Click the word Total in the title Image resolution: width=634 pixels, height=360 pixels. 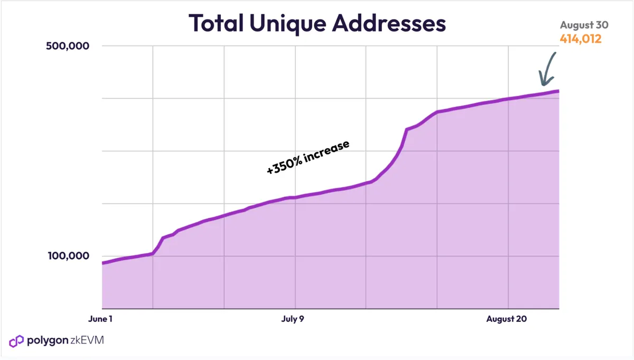tap(216, 23)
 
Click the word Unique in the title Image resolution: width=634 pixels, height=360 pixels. tap(287, 24)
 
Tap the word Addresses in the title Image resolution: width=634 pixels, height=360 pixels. tap(389, 23)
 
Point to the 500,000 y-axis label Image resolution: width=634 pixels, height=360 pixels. tap(68, 46)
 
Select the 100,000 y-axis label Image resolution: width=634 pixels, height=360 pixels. tap(69, 256)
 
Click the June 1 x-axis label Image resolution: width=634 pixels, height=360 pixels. tap(100, 319)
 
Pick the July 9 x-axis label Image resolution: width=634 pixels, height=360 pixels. tap(293, 319)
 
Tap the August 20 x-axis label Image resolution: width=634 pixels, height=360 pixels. tap(506, 319)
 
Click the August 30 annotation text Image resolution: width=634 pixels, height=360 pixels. tap(584, 25)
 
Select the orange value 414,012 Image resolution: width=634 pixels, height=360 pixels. tap(581, 39)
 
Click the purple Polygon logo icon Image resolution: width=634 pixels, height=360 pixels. tap(16, 341)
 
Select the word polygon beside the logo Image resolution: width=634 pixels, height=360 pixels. tap(48, 340)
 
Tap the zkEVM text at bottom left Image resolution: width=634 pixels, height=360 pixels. tap(87, 340)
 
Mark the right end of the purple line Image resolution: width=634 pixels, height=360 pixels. tap(558, 91)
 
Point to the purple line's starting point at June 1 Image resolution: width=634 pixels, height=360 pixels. tap(102, 263)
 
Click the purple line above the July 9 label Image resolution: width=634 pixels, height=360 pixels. tap(295, 197)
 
